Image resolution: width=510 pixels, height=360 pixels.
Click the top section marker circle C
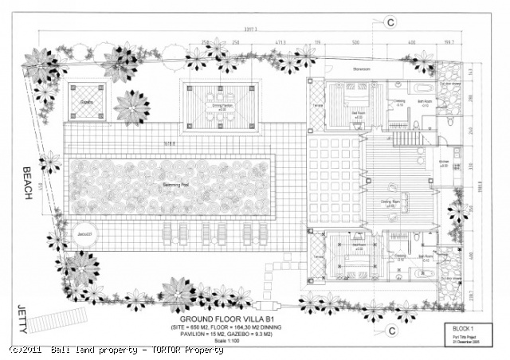pos(390,24)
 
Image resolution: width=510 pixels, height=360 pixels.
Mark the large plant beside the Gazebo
pos(131,107)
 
